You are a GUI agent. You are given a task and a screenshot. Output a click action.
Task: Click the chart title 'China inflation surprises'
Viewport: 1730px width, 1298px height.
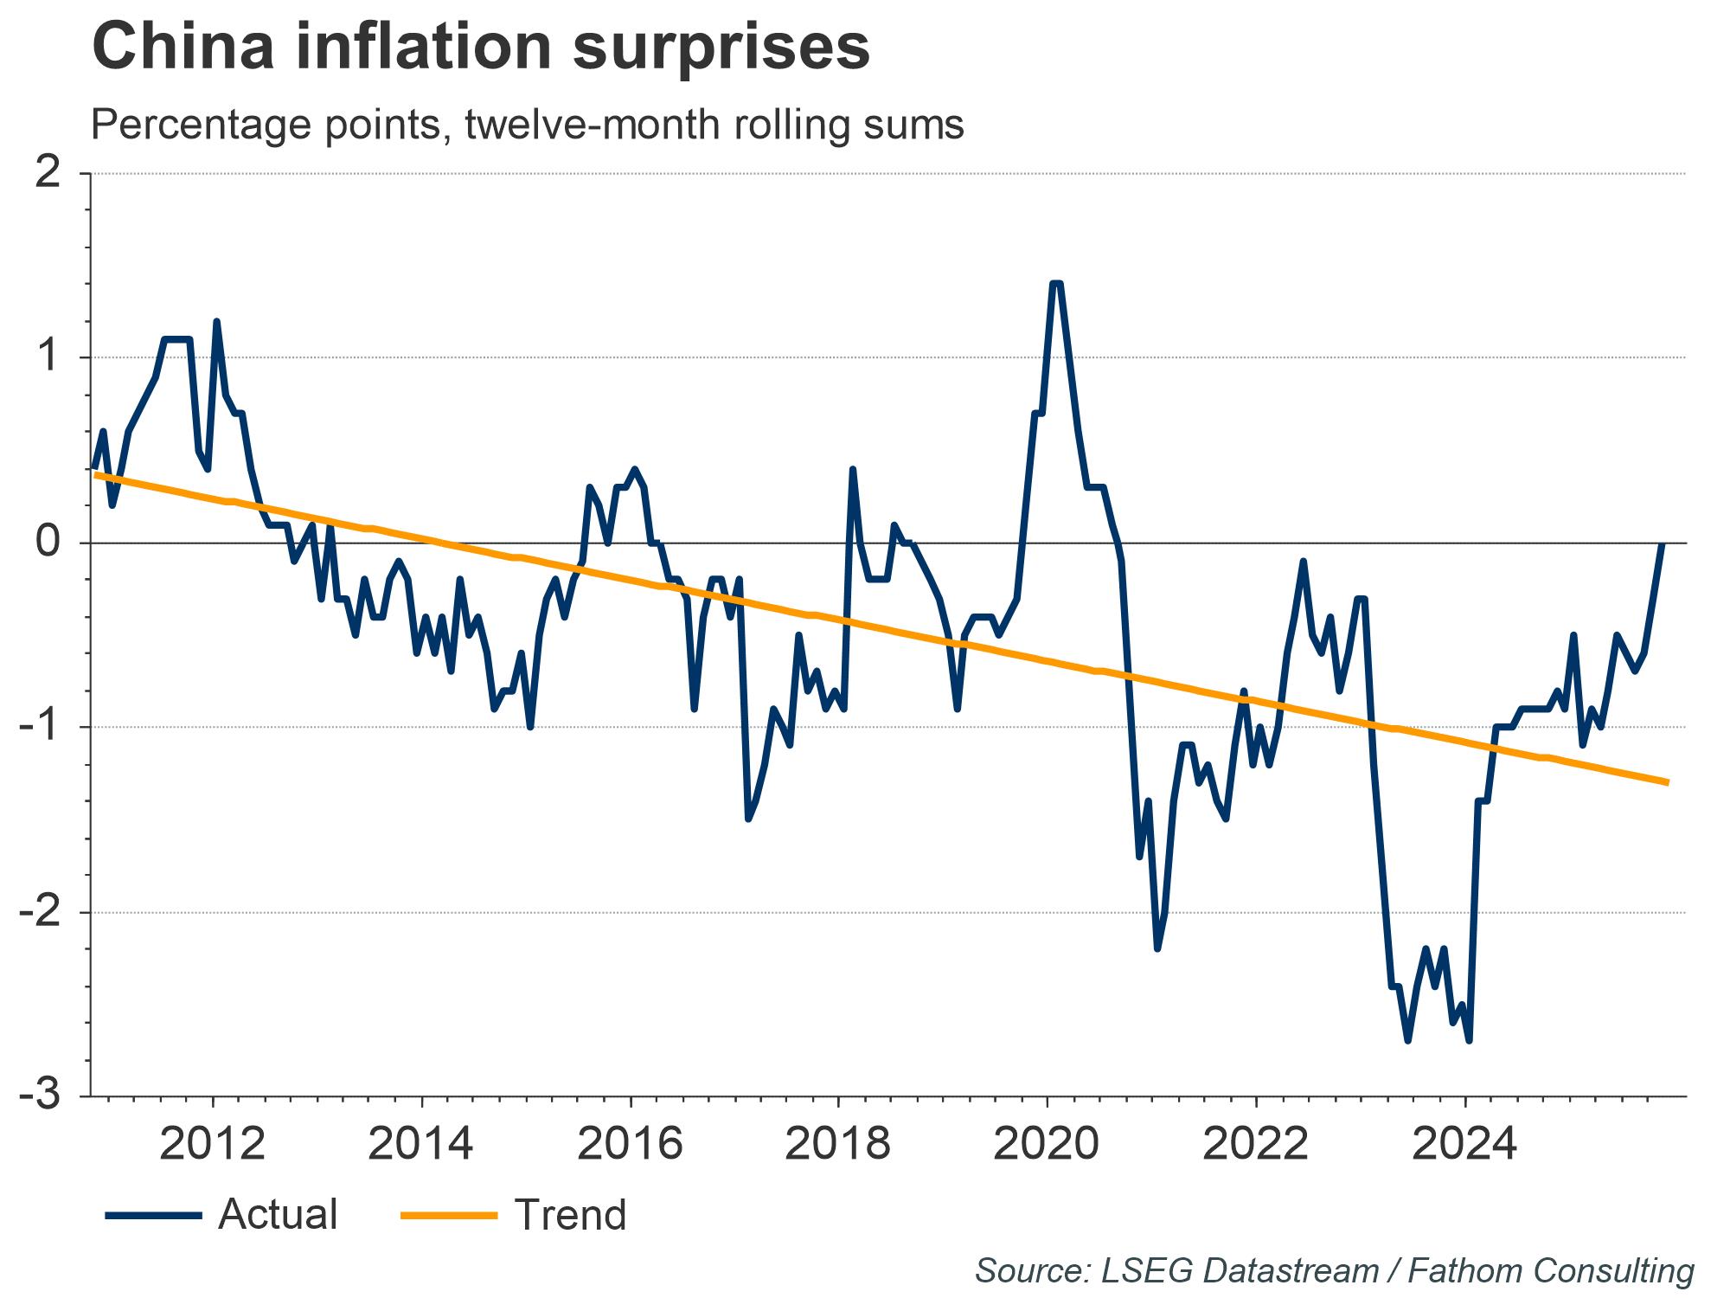click(x=480, y=48)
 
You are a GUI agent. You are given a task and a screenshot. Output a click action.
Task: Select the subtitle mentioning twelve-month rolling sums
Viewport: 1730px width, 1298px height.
click(x=527, y=125)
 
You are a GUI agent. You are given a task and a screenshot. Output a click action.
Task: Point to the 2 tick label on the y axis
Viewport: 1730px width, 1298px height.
click(x=49, y=174)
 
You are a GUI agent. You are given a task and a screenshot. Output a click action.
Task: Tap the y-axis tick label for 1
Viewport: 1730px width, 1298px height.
click(x=51, y=358)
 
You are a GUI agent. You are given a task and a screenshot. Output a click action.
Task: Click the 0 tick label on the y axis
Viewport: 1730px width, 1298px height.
click(x=49, y=543)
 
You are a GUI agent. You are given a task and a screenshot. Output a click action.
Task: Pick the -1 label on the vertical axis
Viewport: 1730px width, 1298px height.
click(x=42, y=728)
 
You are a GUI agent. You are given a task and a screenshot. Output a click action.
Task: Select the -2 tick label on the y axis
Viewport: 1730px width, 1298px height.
click(x=42, y=912)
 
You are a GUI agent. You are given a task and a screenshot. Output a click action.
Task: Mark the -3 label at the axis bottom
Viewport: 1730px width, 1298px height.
click(x=42, y=1096)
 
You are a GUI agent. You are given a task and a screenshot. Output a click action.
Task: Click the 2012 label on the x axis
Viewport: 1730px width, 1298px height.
click(x=212, y=1144)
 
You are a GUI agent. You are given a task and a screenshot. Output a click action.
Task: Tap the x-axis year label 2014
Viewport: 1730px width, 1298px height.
click(x=421, y=1144)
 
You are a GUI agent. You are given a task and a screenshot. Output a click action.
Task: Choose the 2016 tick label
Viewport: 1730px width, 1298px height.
click(x=630, y=1144)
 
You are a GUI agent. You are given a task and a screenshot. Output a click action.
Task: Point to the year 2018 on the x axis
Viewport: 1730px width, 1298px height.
click(x=837, y=1144)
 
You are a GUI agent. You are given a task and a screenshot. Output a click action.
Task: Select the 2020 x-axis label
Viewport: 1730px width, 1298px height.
click(x=1047, y=1144)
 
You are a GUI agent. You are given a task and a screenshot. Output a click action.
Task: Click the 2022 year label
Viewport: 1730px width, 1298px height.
click(x=1255, y=1144)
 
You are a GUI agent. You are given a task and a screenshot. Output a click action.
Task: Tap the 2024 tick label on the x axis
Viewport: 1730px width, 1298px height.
click(x=1464, y=1144)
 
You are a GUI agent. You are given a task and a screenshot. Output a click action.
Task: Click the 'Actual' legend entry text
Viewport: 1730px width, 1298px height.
click(x=278, y=1215)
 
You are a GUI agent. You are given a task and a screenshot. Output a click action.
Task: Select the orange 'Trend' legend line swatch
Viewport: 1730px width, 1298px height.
click(x=449, y=1216)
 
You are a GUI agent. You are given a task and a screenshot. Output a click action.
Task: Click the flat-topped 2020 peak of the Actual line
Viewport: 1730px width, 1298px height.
click(x=1055, y=284)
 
